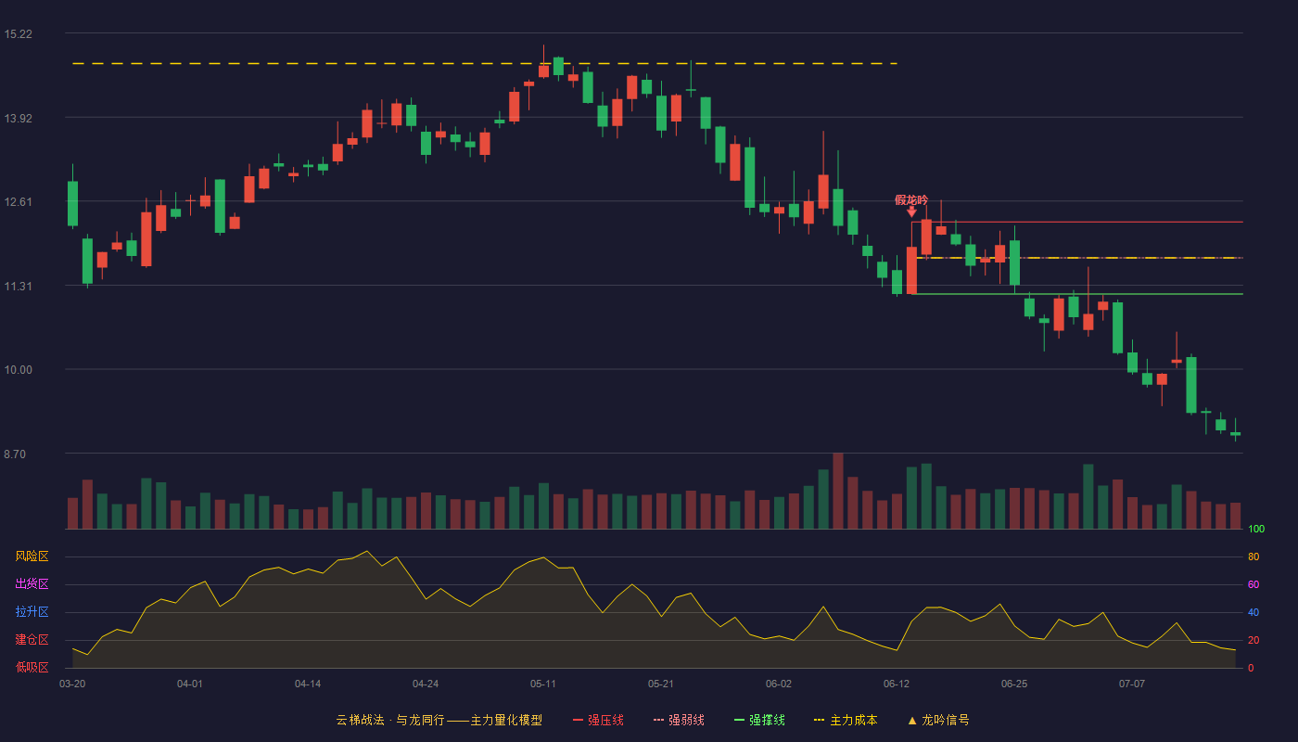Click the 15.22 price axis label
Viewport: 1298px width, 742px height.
tap(18, 34)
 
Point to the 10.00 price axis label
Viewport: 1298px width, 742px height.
tap(18, 370)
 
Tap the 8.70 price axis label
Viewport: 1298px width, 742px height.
tap(15, 454)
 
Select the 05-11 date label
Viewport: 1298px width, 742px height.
tap(543, 684)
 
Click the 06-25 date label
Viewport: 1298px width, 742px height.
tap(1014, 684)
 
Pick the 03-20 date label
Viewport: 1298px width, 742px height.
tap(72, 684)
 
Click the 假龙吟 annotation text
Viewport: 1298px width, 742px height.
tap(911, 200)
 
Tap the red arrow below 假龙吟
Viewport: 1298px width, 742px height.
tap(912, 212)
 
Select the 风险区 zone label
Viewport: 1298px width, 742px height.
tap(32, 556)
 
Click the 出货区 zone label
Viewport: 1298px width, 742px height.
tap(32, 583)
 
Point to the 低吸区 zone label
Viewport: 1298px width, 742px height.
tap(32, 667)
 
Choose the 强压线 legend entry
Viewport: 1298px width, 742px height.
tap(598, 720)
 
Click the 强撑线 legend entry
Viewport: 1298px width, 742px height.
tap(759, 720)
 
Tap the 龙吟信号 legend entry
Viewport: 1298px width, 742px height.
tap(938, 720)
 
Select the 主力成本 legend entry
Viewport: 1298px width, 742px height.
tap(846, 720)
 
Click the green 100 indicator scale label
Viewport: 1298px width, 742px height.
tap(1256, 529)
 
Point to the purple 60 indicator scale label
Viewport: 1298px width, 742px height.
tap(1253, 584)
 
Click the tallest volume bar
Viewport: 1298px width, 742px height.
tap(838, 491)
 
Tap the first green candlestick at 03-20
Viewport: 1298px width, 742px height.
tap(72, 203)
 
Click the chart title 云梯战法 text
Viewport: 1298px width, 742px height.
tap(360, 720)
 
